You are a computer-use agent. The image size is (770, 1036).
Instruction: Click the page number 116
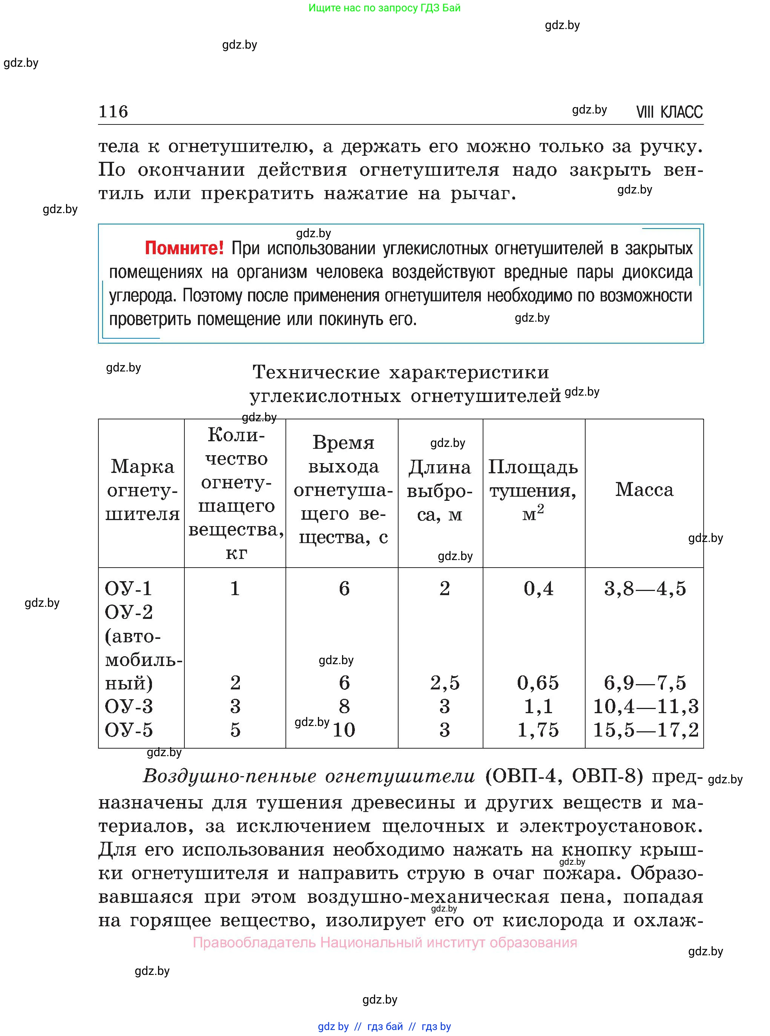point(113,112)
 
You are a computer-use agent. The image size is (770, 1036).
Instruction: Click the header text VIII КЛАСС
point(669,112)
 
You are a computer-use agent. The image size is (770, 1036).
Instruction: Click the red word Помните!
point(184,248)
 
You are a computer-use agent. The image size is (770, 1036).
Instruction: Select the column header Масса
point(644,490)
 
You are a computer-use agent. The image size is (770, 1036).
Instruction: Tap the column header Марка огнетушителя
point(142,490)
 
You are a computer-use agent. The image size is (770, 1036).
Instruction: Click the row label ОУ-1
point(128,589)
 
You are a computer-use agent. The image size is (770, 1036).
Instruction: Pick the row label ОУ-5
point(129,730)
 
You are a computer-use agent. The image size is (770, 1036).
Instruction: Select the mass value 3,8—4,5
point(645,589)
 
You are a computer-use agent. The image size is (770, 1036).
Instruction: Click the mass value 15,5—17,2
point(646,730)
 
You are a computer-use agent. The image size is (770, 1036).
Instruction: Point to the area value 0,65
point(538,683)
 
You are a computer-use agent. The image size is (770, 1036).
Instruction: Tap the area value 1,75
point(538,730)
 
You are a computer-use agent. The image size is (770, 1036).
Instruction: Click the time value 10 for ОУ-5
point(344,730)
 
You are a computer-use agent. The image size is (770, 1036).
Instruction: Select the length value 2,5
point(445,683)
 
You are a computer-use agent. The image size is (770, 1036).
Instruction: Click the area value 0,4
point(538,589)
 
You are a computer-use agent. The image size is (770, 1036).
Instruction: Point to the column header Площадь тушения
point(533,490)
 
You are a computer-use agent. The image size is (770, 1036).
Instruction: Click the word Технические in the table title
point(316,372)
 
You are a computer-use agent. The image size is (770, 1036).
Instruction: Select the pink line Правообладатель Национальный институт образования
point(385,942)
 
